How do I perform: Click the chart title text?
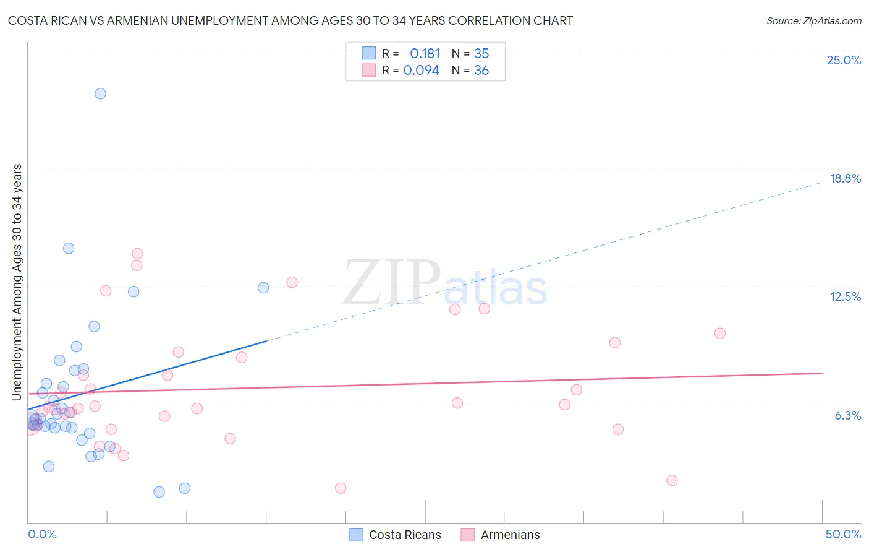[x=290, y=20]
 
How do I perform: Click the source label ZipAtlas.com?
[x=813, y=20]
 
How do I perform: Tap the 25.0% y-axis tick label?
[x=844, y=60]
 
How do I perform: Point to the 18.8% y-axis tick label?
[x=845, y=178]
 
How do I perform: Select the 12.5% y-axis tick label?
[x=845, y=296]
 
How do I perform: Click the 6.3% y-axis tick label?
[x=847, y=415]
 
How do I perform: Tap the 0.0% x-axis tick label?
[x=42, y=534]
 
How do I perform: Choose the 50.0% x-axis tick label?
[x=843, y=534]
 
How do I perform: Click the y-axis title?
[x=17, y=282]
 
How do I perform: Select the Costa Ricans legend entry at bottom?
[x=396, y=535]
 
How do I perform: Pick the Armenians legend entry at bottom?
[x=501, y=535]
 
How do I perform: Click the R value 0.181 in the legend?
[x=425, y=54]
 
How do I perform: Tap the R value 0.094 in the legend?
[x=422, y=71]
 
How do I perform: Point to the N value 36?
[x=481, y=71]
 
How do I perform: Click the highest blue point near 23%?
[x=100, y=93]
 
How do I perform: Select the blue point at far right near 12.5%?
[x=263, y=288]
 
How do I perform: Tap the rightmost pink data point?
[x=719, y=334]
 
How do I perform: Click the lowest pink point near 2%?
[x=341, y=488]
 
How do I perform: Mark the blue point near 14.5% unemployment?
[x=69, y=248]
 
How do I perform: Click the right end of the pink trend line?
[x=821, y=373]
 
